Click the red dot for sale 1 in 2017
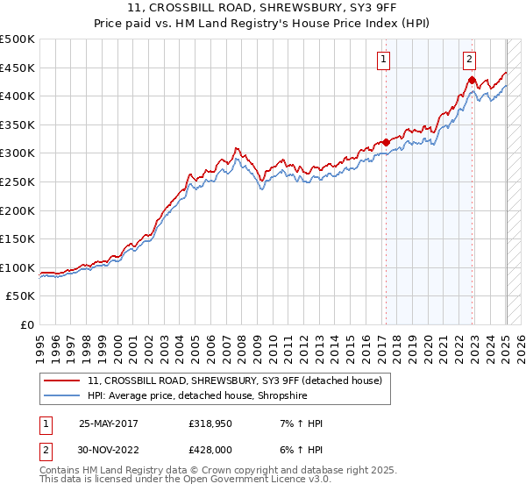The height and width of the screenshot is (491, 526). pos(386,142)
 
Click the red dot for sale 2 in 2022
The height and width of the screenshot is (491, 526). pos(472,80)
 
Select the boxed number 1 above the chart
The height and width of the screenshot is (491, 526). pos(385,60)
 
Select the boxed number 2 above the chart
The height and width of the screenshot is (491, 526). pos(470,60)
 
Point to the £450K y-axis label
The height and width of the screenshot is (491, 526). pos(18,68)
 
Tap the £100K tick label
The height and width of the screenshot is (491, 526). pos(18,267)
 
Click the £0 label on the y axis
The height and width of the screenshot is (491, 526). pos(26,324)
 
